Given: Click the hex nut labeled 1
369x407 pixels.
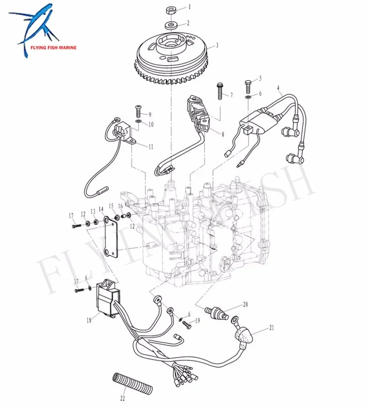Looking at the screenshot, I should pyautogui.click(x=171, y=10).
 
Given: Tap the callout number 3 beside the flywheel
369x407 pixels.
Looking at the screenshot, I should pyautogui.click(x=217, y=45).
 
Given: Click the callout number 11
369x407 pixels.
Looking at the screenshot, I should pyautogui.click(x=151, y=147).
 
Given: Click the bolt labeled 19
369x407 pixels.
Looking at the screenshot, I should pyautogui.click(x=187, y=325).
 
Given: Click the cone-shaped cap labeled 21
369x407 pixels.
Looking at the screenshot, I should pyautogui.click(x=244, y=337).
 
